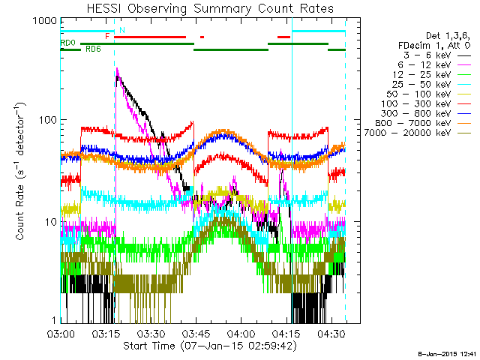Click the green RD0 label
tap(68, 43)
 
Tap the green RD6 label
tap(93, 49)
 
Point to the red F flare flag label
tap(108, 36)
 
